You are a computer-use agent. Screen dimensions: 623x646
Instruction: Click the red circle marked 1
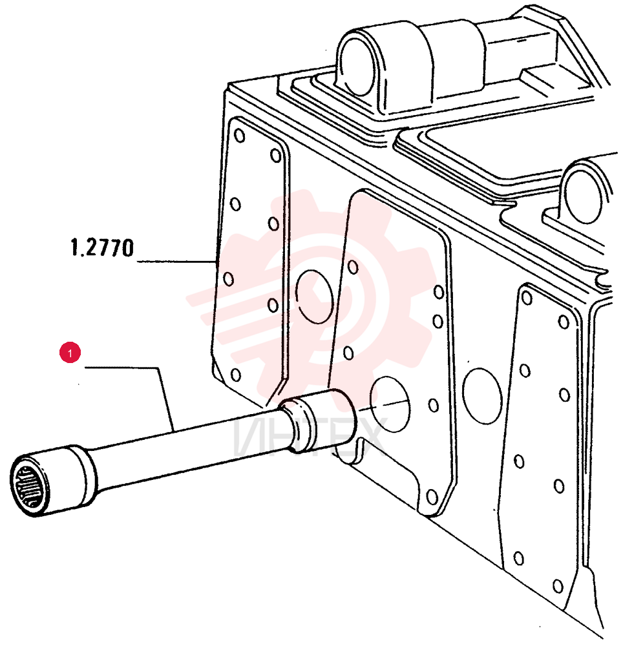point(70,353)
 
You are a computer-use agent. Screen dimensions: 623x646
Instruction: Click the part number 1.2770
point(102,248)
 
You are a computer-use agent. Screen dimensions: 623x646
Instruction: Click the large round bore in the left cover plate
point(314,297)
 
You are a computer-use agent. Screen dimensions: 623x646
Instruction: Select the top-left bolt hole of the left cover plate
point(239,136)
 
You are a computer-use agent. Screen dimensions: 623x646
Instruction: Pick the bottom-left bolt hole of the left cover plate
point(236,375)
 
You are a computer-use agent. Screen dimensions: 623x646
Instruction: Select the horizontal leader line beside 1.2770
point(176,261)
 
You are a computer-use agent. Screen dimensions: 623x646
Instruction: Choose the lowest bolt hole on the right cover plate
point(558,587)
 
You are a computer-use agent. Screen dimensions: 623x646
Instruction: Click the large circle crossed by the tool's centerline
point(390,404)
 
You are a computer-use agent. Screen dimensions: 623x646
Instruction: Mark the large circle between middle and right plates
point(482,396)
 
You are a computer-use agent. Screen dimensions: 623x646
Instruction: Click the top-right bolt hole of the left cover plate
point(276,156)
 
